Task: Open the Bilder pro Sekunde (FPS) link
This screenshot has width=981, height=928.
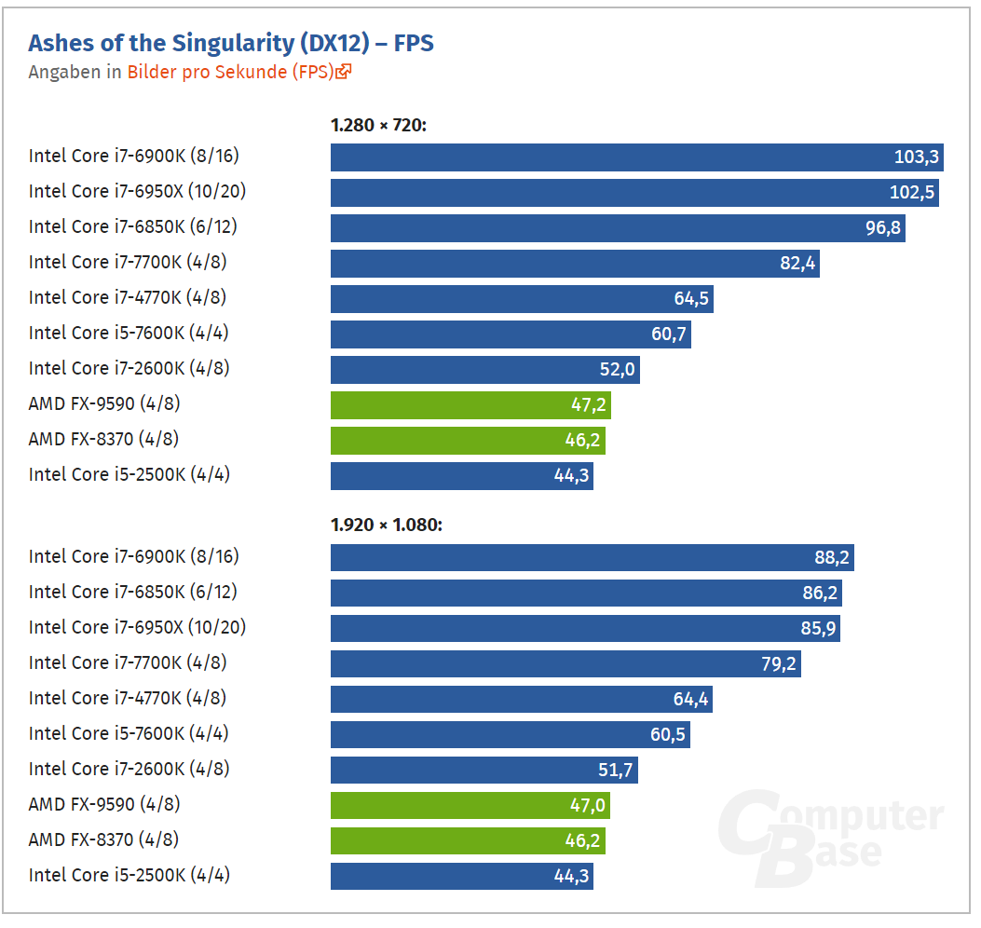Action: [231, 72]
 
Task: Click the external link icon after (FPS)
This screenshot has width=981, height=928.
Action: [344, 72]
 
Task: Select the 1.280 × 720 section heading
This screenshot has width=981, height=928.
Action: [378, 125]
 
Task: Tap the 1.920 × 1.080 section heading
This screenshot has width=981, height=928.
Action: [387, 525]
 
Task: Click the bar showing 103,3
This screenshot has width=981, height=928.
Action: [637, 157]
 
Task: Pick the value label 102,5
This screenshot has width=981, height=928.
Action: [912, 192]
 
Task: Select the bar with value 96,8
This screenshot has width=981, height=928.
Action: [618, 227]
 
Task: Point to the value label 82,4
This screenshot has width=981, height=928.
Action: [797, 264]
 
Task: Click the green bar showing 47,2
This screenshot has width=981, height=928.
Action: [471, 405]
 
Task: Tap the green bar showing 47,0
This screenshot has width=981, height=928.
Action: [470, 805]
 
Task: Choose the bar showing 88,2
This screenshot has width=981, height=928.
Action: [593, 557]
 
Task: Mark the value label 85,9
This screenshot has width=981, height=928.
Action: [818, 628]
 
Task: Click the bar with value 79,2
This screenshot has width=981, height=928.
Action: [566, 664]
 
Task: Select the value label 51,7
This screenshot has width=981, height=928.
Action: [616, 770]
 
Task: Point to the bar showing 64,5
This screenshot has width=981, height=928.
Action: [523, 298]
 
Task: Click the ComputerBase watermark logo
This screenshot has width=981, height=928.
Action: [831, 839]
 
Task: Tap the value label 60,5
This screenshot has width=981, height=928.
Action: [668, 734]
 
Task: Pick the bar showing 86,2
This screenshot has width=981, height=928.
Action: [587, 594]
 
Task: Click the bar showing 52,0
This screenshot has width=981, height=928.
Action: [485, 369]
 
